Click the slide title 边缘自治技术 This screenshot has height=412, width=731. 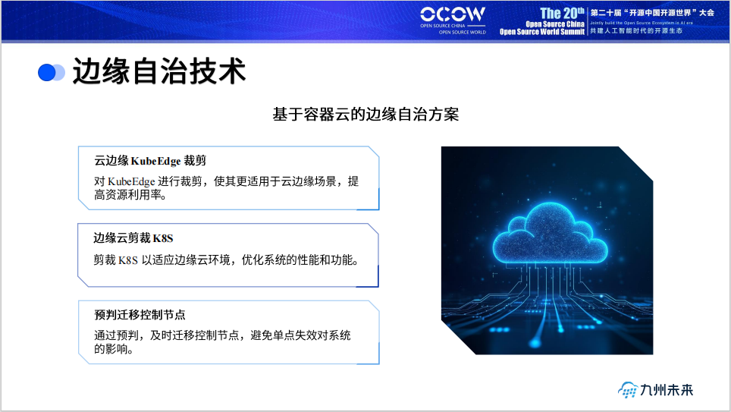(159, 72)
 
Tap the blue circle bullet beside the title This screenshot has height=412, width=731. (48, 72)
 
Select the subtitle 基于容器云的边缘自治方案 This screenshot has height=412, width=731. (365, 115)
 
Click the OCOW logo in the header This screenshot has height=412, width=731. (453, 14)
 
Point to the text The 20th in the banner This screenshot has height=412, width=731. (562, 13)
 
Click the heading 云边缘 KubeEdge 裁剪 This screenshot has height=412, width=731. (150, 161)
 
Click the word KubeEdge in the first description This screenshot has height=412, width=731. (131, 181)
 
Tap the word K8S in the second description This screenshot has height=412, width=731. (128, 259)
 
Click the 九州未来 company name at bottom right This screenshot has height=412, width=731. (667, 390)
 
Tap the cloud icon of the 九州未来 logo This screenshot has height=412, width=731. (628, 390)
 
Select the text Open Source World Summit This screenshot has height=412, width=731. (542, 32)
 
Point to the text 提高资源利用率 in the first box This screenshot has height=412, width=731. (130, 196)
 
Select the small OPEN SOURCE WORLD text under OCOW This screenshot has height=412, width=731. (462, 33)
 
